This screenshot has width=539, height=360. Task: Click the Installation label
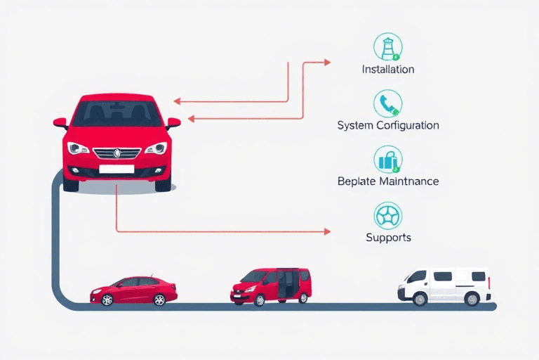click(x=387, y=70)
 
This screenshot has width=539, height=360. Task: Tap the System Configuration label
click(x=387, y=125)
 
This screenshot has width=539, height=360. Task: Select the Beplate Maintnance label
click(x=387, y=181)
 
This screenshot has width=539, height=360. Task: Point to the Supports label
click(x=388, y=238)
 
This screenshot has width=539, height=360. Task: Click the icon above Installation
click(x=388, y=46)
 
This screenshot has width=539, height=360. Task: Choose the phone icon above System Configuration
click(x=388, y=103)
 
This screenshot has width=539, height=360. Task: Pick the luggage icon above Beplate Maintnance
click(x=388, y=160)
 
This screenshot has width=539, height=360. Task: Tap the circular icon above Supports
click(x=388, y=215)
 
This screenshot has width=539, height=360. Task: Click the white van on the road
click(x=444, y=285)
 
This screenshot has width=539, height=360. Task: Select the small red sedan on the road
click(x=133, y=290)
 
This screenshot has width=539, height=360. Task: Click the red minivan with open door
click(x=270, y=285)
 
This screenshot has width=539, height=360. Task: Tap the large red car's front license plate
click(x=117, y=169)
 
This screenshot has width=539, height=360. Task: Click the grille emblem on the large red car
click(x=117, y=152)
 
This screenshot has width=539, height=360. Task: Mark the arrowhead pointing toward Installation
click(x=326, y=62)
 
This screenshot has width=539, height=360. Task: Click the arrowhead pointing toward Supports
click(x=326, y=231)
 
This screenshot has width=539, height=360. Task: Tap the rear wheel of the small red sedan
click(x=159, y=300)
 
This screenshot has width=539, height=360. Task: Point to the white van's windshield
click(x=416, y=276)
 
